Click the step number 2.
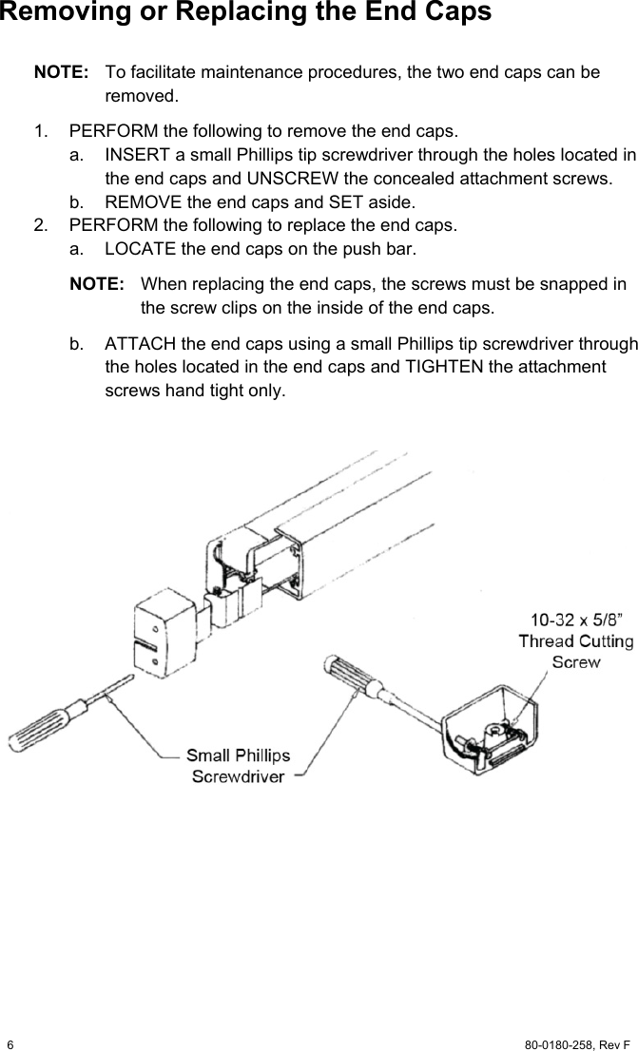pyautogui.click(x=38, y=225)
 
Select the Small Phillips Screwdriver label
pyautogui.click(x=238, y=766)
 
